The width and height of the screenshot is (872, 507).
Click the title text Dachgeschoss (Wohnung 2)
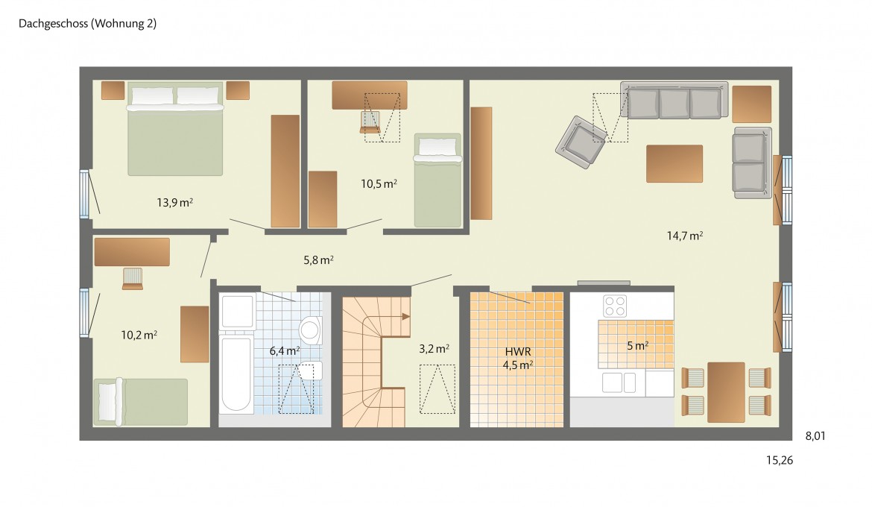pyautogui.click(x=87, y=23)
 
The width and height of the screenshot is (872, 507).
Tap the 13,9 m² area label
pyautogui.click(x=174, y=203)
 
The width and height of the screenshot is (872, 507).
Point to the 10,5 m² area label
pyautogui.click(x=379, y=183)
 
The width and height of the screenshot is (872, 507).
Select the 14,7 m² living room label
pyautogui.click(x=685, y=236)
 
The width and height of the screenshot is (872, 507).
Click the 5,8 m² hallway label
pyautogui.click(x=318, y=260)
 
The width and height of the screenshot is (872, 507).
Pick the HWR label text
pyautogui.click(x=518, y=352)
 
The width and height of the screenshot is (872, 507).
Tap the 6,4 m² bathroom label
pyautogui.click(x=284, y=351)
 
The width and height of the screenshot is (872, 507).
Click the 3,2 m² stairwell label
pyautogui.click(x=434, y=349)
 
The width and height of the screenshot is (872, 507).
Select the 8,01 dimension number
pyautogui.click(x=815, y=436)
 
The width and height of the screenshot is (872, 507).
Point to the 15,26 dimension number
pyautogui.click(x=779, y=460)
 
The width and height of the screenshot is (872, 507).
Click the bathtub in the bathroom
pyautogui.click(x=237, y=373)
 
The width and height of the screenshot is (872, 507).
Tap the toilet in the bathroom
pyautogui.click(x=310, y=330)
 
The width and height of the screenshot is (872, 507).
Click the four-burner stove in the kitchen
pyautogui.click(x=615, y=306)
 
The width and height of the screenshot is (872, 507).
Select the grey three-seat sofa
pyautogui.click(x=674, y=100)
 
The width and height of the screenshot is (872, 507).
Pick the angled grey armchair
pyautogui.click(x=581, y=142)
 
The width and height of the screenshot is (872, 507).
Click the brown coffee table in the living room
pyautogui.click(x=674, y=163)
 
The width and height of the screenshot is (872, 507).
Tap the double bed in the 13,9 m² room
pyautogui.click(x=175, y=128)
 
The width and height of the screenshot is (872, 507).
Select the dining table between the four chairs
pyautogui.click(x=726, y=391)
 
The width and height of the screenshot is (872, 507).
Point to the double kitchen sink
pyautogui.click(x=619, y=382)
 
